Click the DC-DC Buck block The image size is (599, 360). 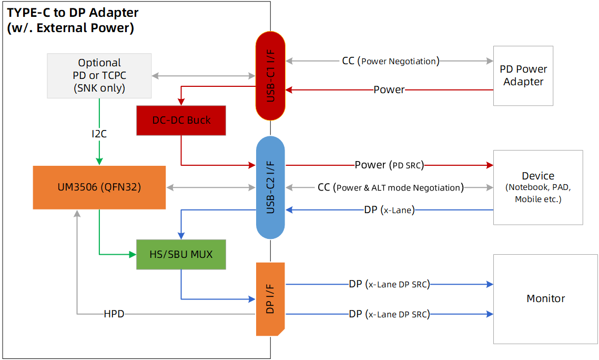pyautogui.click(x=181, y=120)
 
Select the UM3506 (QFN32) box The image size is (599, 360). pyautogui.click(x=99, y=187)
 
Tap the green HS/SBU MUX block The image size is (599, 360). pyautogui.click(x=181, y=254)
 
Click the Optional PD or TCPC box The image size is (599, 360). pyautogui.click(x=99, y=75)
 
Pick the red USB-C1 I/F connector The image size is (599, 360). pyautogui.click(x=270, y=75)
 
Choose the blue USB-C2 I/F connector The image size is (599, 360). pyautogui.click(x=270, y=187)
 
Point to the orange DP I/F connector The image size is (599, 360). pyautogui.click(x=270, y=299)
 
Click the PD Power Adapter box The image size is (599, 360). pyautogui.click(x=523, y=75)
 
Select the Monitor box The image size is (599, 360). pyautogui.click(x=545, y=298)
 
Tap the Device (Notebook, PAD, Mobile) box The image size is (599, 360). pyautogui.click(x=537, y=187)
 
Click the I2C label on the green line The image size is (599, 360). pyautogui.click(x=99, y=134)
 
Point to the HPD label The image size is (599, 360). pyautogui.click(x=114, y=314)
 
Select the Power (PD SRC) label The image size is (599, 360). pyautogui.click(x=389, y=165)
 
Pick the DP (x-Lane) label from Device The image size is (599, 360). pyautogui.click(x=389, y=210)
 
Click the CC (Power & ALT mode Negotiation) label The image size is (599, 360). pyautogui.click(x=390, y=187)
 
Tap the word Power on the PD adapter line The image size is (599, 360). pyautogui.click(x=389, y=89)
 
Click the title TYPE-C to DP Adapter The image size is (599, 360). pyautogui.click(x=72, y=13)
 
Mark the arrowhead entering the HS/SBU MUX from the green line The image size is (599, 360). pyautogui.click(x=133, y=255)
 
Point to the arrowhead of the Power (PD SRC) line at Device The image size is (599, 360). pyautogui.click(x=490, y=165)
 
